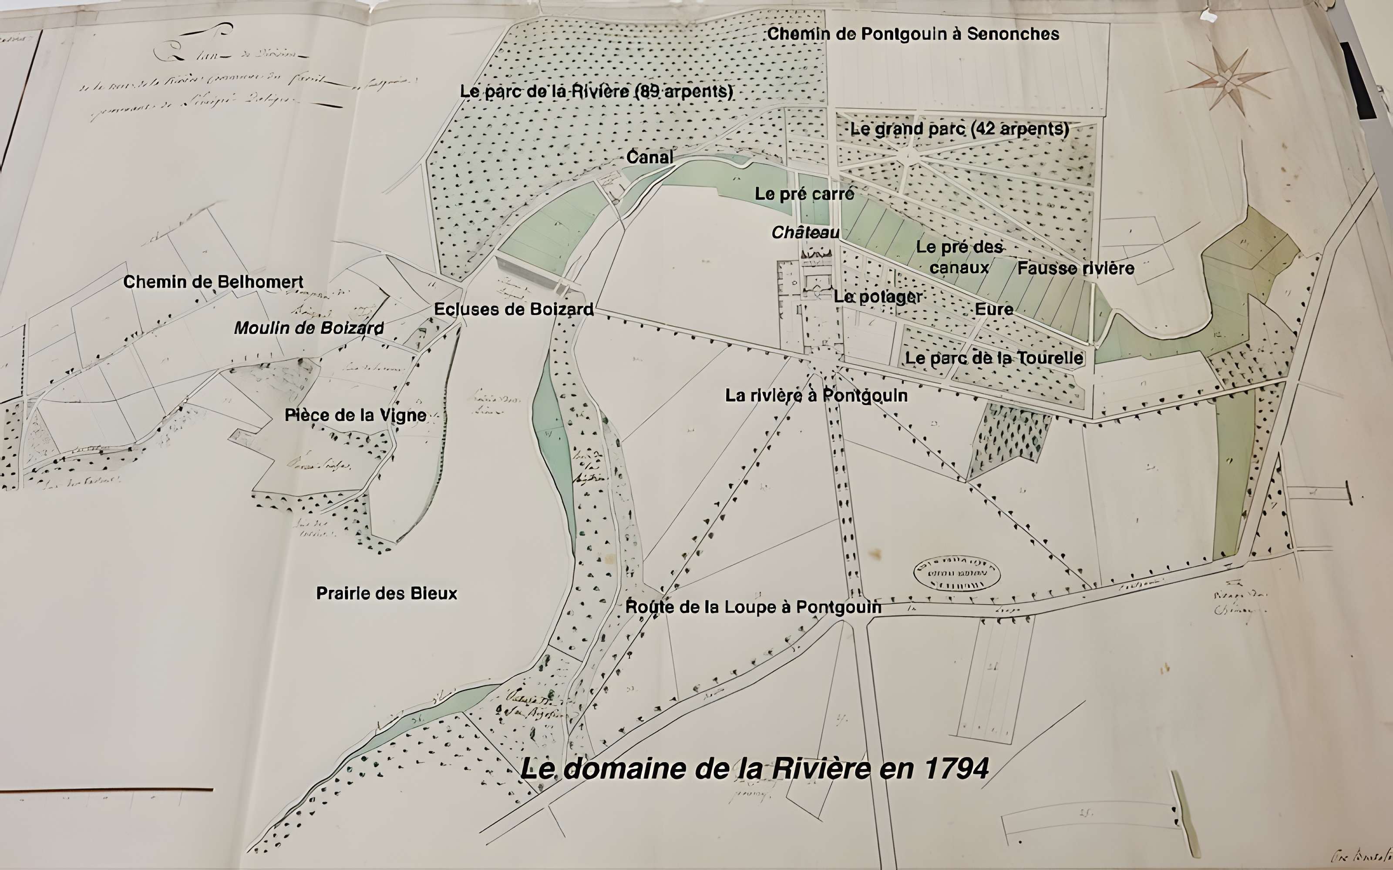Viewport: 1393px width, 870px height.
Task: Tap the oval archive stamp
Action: pyautogui.click(x=957, y=574)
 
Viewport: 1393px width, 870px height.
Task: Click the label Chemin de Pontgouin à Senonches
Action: pyautogui.click(x=913, y=34)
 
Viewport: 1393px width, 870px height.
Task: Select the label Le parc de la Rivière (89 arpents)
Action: pyautogui.click(x=596, y=91)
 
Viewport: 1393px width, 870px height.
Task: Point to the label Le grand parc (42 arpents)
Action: pyautogui.click(x=959, y=129)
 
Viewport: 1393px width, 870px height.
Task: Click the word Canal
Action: pyautogui.click(x=650, y=157)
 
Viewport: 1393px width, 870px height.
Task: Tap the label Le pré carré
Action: pyautogui.click(x=804, y=194)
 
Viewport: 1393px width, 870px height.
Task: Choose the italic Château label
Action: pyautogui.click(x=805, y=232)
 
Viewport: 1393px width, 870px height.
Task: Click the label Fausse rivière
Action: pyautogui.click(x=1076, y=268)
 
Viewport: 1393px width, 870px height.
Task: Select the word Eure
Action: pyautogui.click(x=994, y=310)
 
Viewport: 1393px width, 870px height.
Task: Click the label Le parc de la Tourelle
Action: pyautogui.click(x=994, y=358)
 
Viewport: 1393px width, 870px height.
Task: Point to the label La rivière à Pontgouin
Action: pyautogui.click(x=816, y=396)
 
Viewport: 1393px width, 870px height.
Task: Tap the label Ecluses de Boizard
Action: pyautogui.click(x=514, y=310)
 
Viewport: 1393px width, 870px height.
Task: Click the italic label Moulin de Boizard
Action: pyautogui.click(x=309, y=328)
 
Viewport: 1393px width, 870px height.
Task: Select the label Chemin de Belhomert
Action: pyautogui.click(x=213, y=282)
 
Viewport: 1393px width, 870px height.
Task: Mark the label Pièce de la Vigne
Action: pyautogui.click(x=356, y=415)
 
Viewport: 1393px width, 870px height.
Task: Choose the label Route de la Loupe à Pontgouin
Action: pyautogui.click(x=754, y=607)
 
